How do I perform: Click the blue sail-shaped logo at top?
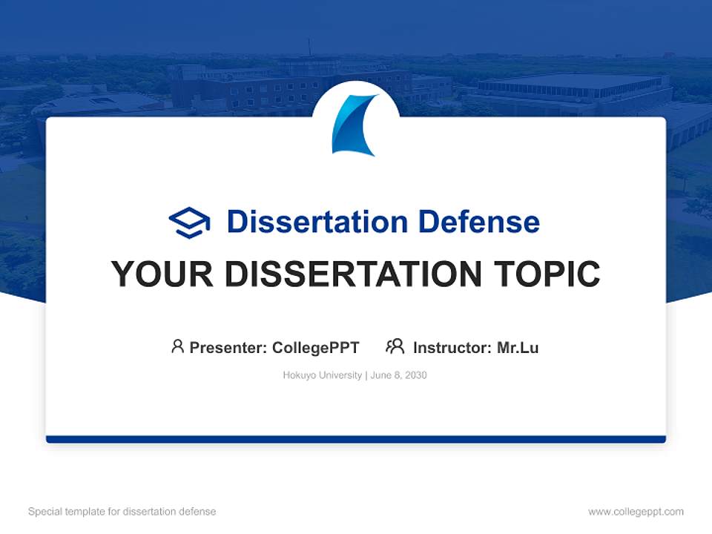[x=354, y=125]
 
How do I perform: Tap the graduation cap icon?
[x=189, y=222]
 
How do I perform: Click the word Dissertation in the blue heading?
[x=317, y=222]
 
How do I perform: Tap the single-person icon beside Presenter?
[x=177, y=346]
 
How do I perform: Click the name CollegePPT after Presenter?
[x=315, y=347]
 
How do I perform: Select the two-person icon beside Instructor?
[x=395, y=346]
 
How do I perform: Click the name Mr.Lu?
[x=518, y=347]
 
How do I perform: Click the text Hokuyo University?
[x=322, y=375]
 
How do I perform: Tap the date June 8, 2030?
[x=398, y=375]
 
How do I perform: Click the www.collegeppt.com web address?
[x=636, y=512]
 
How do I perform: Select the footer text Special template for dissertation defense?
[x=122, y=512]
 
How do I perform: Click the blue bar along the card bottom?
[x=356, y=439]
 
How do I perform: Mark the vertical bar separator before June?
[x=366, y=375]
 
